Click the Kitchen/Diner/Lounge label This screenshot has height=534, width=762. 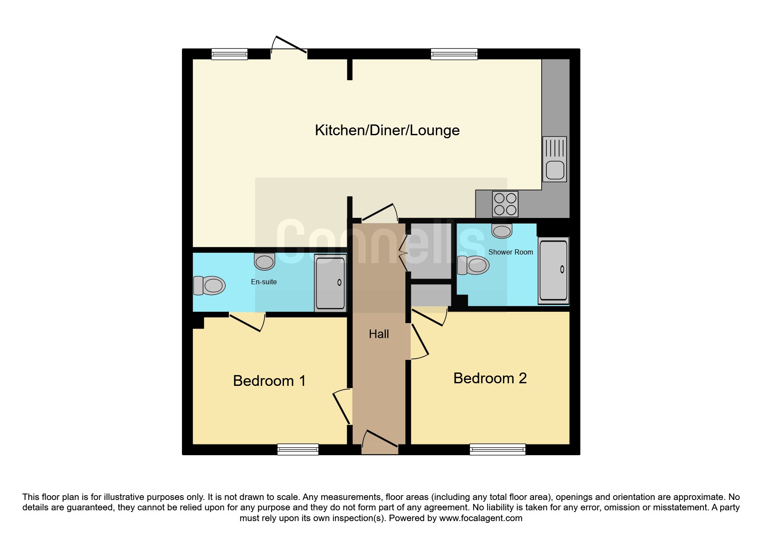click(387, 130)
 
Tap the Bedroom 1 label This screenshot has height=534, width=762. click(269, 381)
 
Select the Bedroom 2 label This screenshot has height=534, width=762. click(490, 378)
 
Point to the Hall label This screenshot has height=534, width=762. click(379, 334)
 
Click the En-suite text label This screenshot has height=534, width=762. click(264, 282)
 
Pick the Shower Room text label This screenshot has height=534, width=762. click(511, 252)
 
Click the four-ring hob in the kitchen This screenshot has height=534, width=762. click(505, 204)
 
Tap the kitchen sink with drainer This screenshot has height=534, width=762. click(555, 159)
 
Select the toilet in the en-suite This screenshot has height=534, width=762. click(209, 285)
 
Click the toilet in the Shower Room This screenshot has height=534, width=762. click(473, 265)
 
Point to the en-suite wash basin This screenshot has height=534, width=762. click(265, 261)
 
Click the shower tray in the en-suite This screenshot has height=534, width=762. click(330, 283)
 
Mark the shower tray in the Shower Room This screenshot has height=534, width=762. click(553, 270)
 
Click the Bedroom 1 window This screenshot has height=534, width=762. click(298, 450)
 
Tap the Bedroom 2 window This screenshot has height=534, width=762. click(497, 450)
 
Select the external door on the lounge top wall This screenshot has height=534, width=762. click(289, 47)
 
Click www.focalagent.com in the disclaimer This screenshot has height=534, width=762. click(481, 518)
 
